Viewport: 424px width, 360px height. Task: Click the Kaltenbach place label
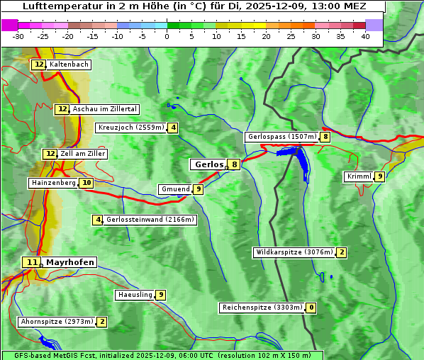(69, 64)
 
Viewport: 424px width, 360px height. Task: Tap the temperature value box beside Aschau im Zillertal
(62, 109)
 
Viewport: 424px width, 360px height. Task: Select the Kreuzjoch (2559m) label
(131, 128)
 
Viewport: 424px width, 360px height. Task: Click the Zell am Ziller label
(83, 154)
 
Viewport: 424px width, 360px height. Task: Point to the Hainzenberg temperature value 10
(86, 183)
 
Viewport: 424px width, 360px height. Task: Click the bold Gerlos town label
(208, 164)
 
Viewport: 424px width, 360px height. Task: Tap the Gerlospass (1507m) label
(281, 137)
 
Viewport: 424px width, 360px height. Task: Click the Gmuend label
(175, 189)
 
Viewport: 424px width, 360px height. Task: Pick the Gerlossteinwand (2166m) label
(150, 220)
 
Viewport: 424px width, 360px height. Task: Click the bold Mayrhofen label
(69, 262)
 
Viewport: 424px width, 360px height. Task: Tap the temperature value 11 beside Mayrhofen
(30, 262)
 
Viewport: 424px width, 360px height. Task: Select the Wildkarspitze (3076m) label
(294, 252)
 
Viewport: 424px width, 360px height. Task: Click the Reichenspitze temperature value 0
(311, 308)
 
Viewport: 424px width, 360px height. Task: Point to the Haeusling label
(135, 295)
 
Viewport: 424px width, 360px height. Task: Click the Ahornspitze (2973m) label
(57, 322)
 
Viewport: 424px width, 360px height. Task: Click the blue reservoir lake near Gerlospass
(301, 164)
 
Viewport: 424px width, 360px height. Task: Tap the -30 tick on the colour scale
(18, 36)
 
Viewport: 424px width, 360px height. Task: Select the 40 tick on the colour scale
(365, 36)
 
